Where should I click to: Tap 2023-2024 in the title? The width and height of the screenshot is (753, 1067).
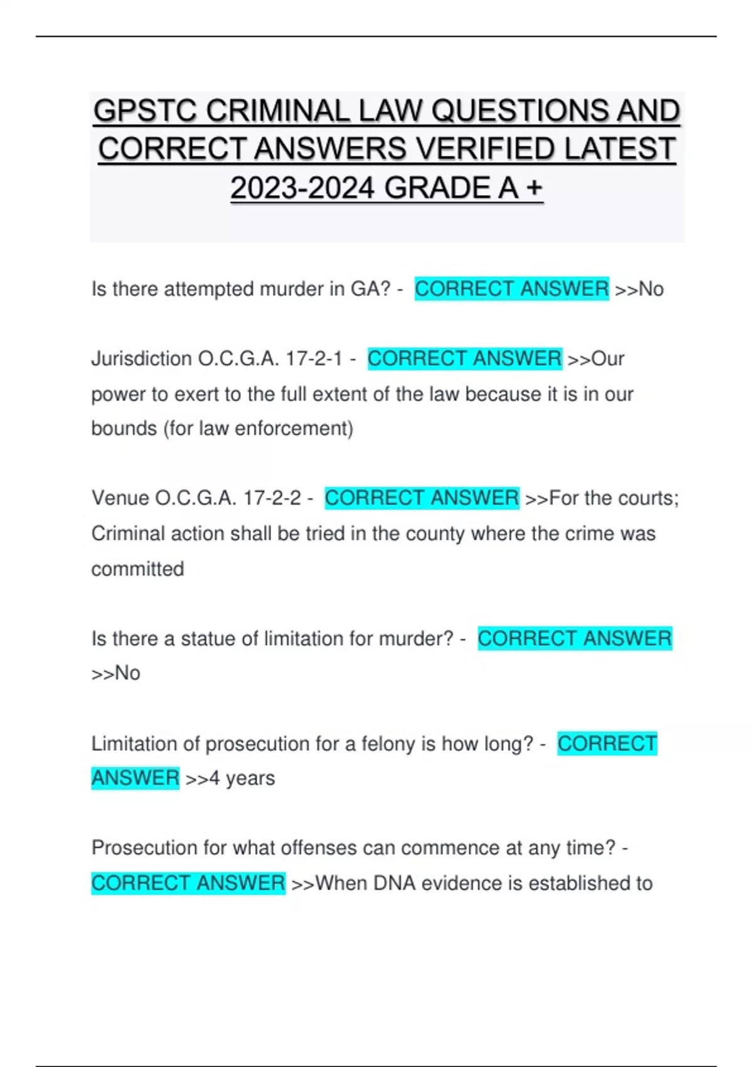point(302,188)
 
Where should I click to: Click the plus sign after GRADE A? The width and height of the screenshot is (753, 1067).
point(534,188)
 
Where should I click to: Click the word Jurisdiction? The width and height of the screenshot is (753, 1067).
point(142,359)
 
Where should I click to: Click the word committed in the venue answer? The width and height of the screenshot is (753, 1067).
point(137,569)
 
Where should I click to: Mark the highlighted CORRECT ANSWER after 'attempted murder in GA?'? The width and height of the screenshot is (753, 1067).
point(511,289)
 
